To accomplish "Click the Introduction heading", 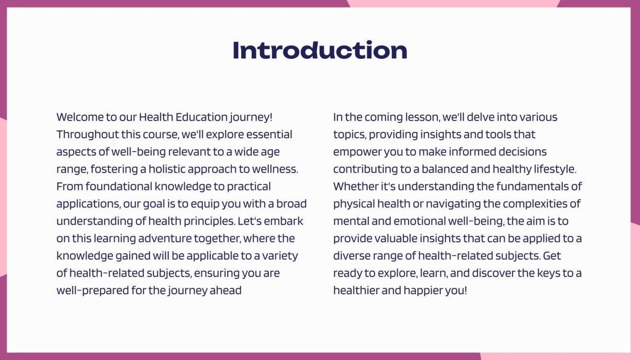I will [320, 50].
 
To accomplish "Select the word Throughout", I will [84, 134].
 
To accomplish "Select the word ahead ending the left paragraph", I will [226, 290].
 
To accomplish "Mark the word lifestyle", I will [554, 169].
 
